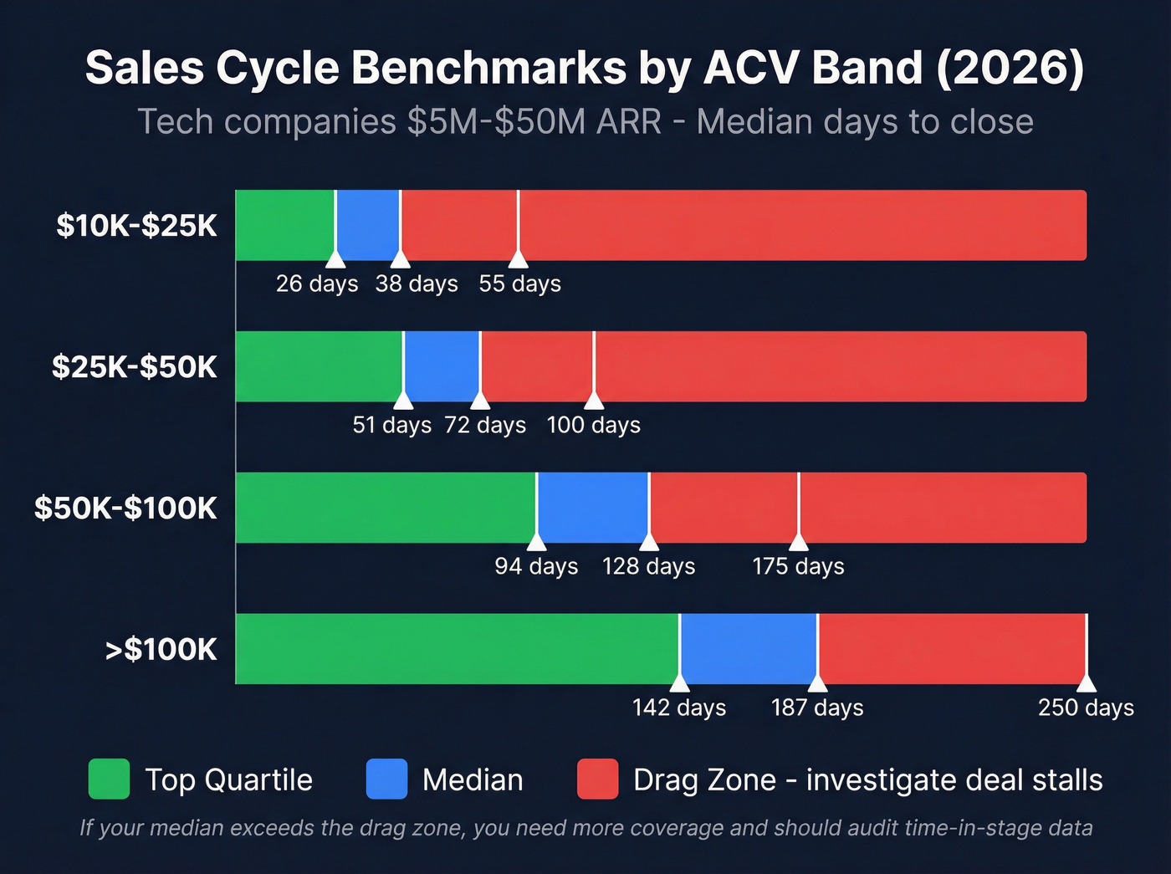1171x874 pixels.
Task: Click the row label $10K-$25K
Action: click(x=136, y=226)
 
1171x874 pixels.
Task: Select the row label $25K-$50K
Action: click(x=134, y=367)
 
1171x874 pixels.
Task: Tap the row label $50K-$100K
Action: click(x=125, y=509)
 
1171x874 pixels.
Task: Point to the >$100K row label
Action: click(x=161, y=650)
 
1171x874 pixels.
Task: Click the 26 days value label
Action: click(x=317, y=284)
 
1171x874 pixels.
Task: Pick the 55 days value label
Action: click(x=519, y=284)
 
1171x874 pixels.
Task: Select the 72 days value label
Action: click(x=485, y=426)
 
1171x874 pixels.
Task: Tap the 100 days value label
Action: click(x=593, y=426)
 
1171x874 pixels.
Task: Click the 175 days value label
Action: click(x=798, y=567)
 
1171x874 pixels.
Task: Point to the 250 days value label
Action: click(x=1086, y=708)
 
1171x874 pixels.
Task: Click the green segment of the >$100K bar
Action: click(x=457, y=649)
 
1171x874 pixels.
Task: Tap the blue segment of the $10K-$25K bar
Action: click(x=367, y=225)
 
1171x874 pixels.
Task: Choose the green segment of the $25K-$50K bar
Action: click(x=319, y=366)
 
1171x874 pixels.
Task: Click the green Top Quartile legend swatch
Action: click(x=109, y=779)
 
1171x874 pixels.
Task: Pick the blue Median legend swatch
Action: click(x=386, y=779)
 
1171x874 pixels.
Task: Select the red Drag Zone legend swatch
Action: click(x=597, y=779)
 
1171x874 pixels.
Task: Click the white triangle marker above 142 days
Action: click(x=679, y=682)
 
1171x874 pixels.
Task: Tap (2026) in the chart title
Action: click(x=1010, y=68)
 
